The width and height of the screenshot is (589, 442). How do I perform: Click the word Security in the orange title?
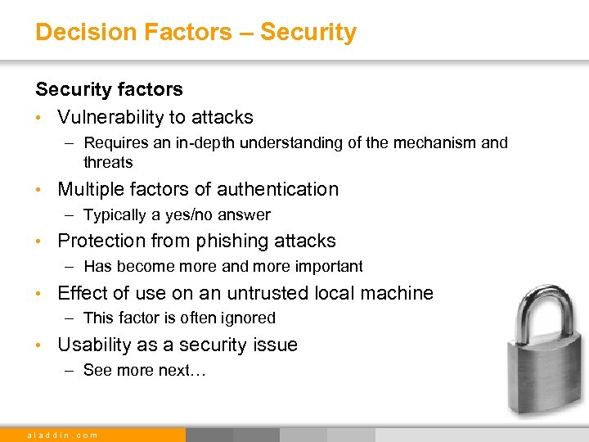[309, 32]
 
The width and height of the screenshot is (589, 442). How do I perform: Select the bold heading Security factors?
[109, 88]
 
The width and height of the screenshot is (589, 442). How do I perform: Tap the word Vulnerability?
[110, 118]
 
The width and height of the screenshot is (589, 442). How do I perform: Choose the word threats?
[107, 162]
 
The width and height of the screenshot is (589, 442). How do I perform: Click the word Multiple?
[89, 189]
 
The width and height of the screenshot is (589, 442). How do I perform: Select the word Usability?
[97, 345]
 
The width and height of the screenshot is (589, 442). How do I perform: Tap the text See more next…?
[146, 370]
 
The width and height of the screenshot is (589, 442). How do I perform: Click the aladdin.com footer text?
[63, 435]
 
